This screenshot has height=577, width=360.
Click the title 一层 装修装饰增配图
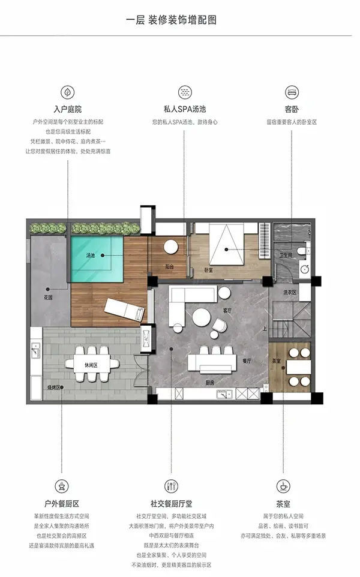(171, 20)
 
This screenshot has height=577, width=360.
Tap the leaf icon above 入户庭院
(67, 92)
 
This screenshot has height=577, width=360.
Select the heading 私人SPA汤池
(185, 110)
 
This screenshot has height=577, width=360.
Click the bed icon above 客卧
(292, 92)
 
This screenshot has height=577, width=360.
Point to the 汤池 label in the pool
(91, 256)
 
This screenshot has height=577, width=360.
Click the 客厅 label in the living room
(227, 310)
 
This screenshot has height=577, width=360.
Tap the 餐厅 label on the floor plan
(246, 361)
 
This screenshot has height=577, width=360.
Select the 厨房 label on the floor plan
(210, 381)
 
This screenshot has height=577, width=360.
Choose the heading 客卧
(292, 110)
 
